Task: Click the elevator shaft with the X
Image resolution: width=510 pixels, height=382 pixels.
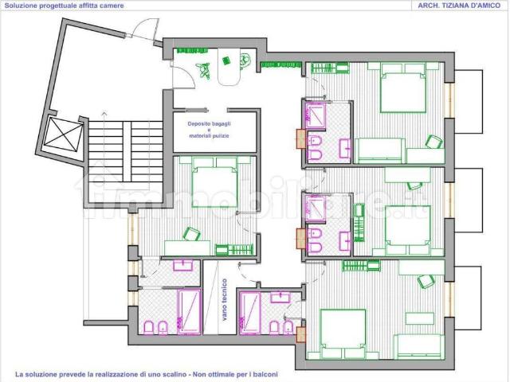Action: click(64, 134)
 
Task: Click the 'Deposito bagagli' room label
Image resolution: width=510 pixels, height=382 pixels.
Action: click(209, 124)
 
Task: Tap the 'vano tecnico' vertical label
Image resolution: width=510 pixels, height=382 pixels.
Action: click(225, 300)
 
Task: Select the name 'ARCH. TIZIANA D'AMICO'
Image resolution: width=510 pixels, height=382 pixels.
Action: click(459, 6)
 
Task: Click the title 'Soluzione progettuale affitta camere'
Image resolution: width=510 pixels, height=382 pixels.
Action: click(64, 6)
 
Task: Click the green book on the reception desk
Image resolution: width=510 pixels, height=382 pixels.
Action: click(226, 60)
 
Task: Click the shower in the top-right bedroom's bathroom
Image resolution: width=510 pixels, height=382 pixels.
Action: click(316, 115)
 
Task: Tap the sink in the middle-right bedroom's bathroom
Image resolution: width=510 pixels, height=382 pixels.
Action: click(345, 241)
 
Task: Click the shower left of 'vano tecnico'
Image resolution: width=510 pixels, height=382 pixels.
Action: click(189, 312)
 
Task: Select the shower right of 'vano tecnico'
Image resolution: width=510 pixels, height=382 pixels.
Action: click(250, 313)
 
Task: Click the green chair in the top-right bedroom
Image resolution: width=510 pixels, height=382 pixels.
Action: click(434, 142)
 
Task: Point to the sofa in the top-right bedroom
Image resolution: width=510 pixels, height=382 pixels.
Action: click(380, 150)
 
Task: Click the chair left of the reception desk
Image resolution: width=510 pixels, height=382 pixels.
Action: click(204, 69)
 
